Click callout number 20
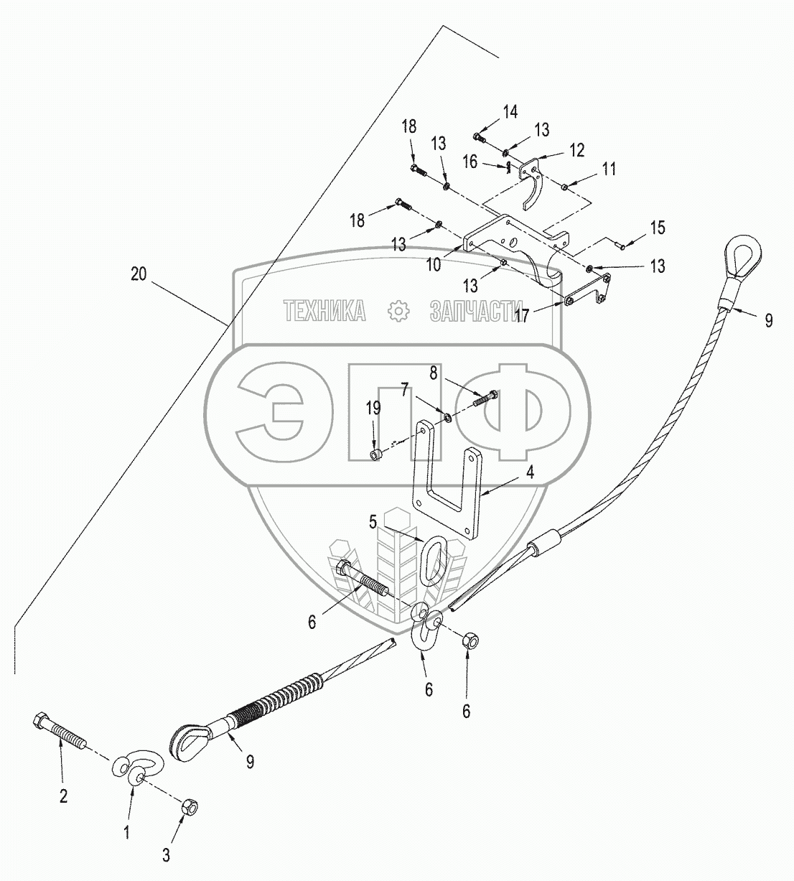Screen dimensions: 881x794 (x=139, y=274)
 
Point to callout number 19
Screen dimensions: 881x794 (x=373, y=409)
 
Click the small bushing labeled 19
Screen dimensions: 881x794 (x=375, y=455)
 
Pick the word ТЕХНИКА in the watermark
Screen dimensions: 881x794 (x=324, y=310)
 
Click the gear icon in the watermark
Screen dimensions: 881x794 (x=396, y=311)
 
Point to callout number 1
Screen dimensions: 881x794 (x=126, y=832)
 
